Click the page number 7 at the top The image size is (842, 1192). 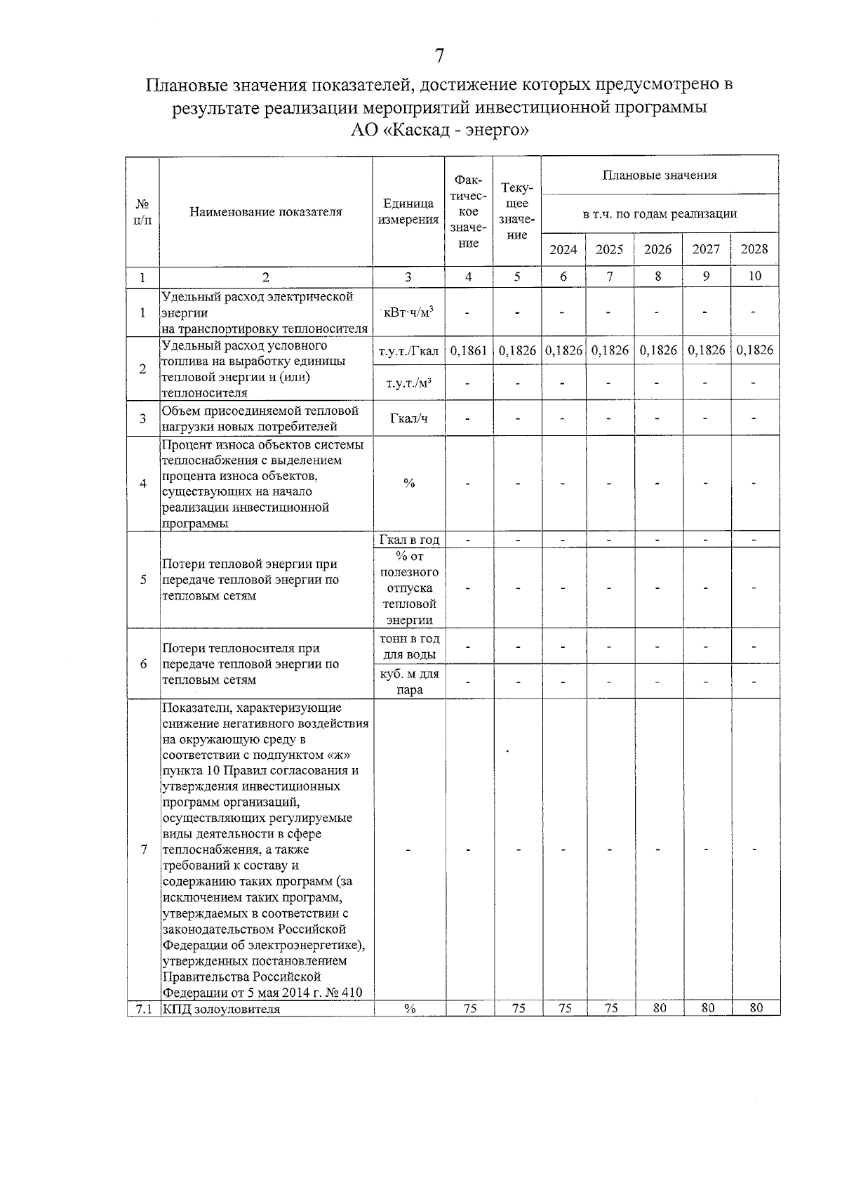click(440, 55)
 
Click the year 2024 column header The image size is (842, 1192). click(563, 249)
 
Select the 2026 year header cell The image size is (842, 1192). click(657, 249)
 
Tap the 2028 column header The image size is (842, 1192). click(754, 249)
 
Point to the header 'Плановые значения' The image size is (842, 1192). click(660, 175)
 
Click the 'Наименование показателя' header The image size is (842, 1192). click(266, 211)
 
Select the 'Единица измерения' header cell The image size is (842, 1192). click(408, 211)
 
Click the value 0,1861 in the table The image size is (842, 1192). click(468, 350)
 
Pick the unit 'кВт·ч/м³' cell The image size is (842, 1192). click(408, 312)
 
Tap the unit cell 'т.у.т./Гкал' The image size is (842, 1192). click(408, 350)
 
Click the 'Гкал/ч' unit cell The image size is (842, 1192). click(408, 418)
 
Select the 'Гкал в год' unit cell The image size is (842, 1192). click(408, 540)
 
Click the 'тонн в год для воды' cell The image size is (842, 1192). click(409, 647)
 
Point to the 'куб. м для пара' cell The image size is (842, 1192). click(409, 682)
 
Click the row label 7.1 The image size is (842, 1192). click(143, 1009)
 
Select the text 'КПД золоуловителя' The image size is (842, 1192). click(221, 1009)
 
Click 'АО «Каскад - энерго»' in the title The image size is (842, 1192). click(439, 131)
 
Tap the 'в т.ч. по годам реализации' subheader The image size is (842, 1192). click(660, 213)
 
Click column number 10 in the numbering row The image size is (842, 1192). click(754, 277)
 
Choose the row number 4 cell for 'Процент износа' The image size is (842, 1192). click(143, 484)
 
